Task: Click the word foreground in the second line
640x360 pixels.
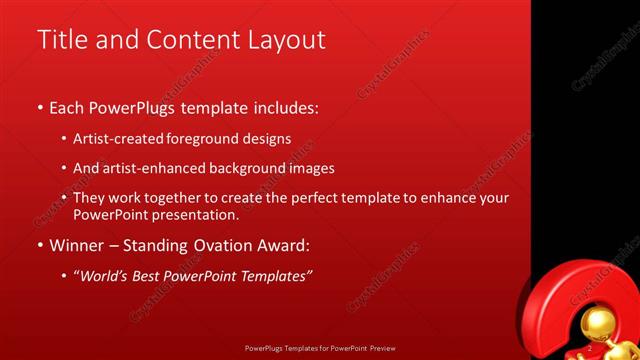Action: click(203, 139)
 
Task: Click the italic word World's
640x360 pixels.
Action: click(107, 275)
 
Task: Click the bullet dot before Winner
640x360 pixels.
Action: click(40, 246)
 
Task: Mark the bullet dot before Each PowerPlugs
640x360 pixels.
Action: click(40, 106)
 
